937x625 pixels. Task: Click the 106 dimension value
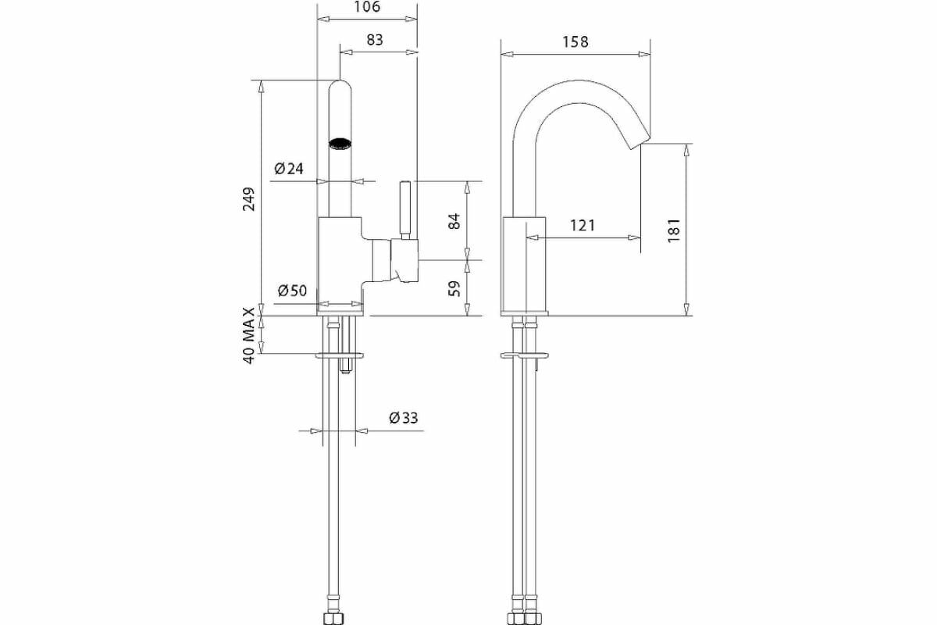coord(367,8)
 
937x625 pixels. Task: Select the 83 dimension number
coord(375,40)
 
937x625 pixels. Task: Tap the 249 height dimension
coord(249,200)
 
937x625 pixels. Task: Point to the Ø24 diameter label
coord(288,168)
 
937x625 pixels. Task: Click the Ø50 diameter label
coord(292,291)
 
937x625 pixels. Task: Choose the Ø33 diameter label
coord(403,418)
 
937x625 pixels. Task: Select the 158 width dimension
coord(575,41)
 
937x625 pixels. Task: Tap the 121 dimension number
coord(582,226)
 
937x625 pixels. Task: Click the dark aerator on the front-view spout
coord(340,144)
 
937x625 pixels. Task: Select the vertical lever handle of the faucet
coord(404,209)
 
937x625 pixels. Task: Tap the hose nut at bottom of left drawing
coord(333,619)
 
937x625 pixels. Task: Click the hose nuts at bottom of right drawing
coord(524,619)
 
